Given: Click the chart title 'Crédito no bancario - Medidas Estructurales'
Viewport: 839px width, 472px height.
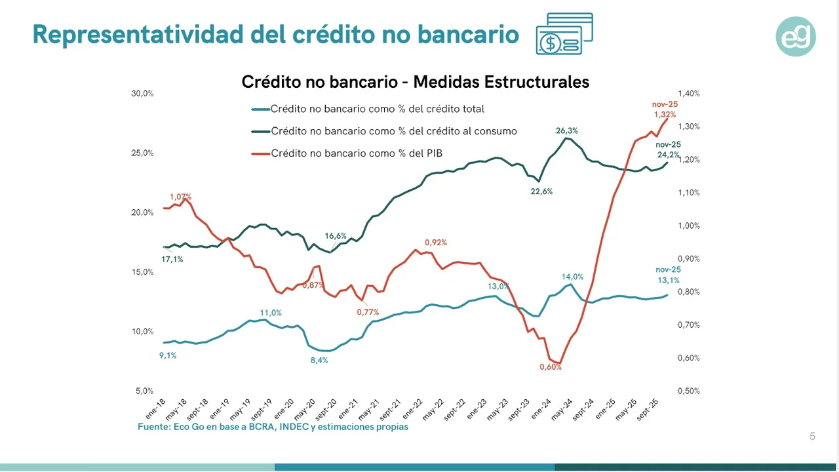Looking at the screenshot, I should [416, 82].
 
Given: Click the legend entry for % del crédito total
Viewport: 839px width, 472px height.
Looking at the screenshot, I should [377, 109].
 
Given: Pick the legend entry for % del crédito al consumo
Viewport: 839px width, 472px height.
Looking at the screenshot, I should [393, 131].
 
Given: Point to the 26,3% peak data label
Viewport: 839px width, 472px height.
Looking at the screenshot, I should [567, 130].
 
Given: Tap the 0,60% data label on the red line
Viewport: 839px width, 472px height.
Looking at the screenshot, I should [551, 367].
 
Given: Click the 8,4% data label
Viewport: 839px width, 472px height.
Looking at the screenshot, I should [319, 361].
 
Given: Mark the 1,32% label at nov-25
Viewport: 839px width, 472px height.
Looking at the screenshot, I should [665, 115].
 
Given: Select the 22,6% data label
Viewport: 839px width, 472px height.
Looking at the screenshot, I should [541, 191].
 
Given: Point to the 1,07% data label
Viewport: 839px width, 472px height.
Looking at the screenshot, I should [180, 197].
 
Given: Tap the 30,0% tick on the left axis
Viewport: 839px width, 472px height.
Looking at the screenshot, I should [142, 94].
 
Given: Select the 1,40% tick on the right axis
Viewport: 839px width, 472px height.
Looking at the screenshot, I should [689, 94].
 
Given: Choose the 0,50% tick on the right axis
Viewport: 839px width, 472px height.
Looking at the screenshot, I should [689, 391].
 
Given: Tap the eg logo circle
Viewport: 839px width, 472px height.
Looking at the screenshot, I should [796, 36].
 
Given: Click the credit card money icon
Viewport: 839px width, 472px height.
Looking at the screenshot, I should [564, 34].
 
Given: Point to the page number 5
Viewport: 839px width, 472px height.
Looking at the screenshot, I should [813, 437].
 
